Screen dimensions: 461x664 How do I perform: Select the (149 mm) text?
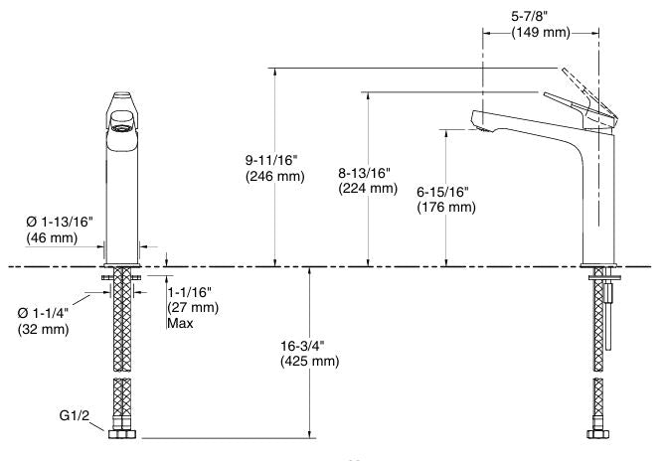[540, 33]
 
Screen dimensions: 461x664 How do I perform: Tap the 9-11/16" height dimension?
[277, 159]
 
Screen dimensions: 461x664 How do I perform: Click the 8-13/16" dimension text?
[368, 172]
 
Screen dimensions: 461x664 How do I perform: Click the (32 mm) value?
[44, 329]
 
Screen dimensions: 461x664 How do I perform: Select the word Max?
[180, 324]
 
